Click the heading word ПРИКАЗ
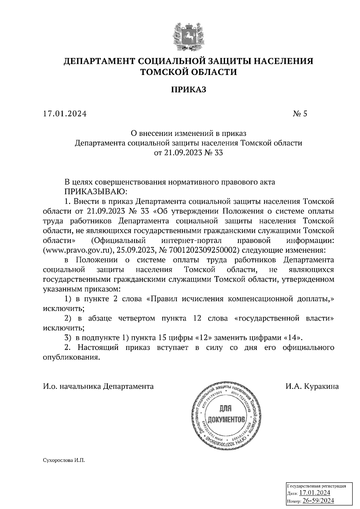pyautogui.click(x=189, y=90)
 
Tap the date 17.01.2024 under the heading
pyautogui.click(x=65, y=114)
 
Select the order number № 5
pyautogui.click(x=300, y=114)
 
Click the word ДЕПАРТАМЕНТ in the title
pyautogui.click(x=99, y=61)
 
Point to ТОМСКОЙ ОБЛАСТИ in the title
pyautogui.click(x=189, y=72)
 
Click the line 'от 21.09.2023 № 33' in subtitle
pyautogui.click(x=189, y=153)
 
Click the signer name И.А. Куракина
pyautogui.click(x=312, y=386)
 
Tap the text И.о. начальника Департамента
pyautogui.click(x=98, y=386)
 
